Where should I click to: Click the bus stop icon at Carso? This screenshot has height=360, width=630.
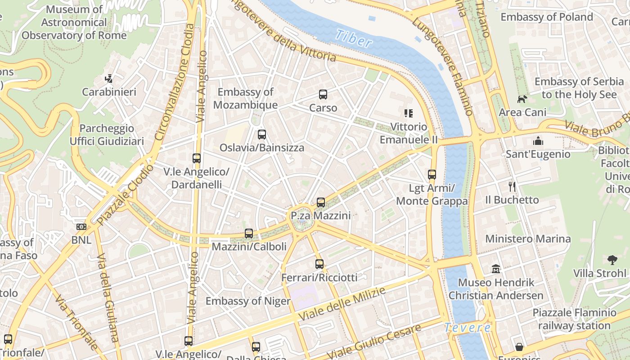[x=323, y=94]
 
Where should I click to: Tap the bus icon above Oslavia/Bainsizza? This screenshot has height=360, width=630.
[x=262, y=135]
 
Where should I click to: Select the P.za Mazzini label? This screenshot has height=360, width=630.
[x=320, y=216]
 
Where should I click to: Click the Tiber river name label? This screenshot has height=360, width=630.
[x=354, y=39]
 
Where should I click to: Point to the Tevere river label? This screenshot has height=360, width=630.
[x=467, y=328]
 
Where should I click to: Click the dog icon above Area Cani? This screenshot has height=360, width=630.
[x=522, y=99]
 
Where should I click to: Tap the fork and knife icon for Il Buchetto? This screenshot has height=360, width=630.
[x=512, y=186]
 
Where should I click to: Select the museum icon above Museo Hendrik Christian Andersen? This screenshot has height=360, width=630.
[x=496, y=269]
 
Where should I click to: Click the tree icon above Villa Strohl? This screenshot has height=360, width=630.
[x=612, y=260]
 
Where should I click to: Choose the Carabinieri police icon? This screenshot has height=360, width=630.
[x=108, y=79]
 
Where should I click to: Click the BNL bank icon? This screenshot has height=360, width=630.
[x=81, y=227]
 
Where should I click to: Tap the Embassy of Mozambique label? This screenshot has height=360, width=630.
[x=245, y=99]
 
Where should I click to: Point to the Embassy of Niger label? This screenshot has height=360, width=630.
[x=248, y=301]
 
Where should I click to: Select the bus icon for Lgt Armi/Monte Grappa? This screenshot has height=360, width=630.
[x=432, y=175]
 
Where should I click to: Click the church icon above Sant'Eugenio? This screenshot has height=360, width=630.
[x=538, y=141]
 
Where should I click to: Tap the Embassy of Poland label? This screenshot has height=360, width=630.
[x=547, y=17]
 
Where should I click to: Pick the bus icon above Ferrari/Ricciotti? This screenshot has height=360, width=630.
[x=319, y=264]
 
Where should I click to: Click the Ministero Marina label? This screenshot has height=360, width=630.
[x=528, y=238]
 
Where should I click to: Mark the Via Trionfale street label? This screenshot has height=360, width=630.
[x=76, y=322]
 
